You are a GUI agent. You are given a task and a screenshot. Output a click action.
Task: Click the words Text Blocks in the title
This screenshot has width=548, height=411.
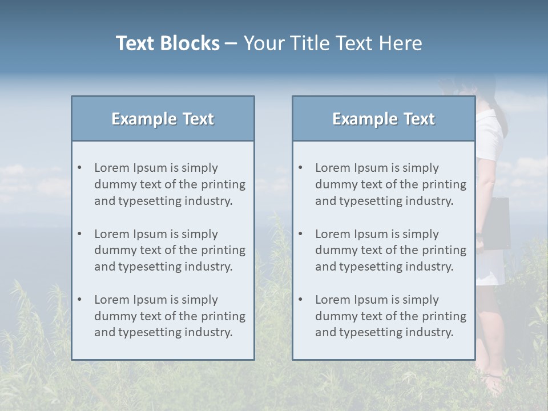click(x=167, y=43)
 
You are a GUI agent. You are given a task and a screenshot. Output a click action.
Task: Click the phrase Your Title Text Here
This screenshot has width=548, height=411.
click(x=333, y=43)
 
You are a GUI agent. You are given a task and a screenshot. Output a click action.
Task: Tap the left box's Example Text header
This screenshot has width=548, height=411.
click(x=163, y=119)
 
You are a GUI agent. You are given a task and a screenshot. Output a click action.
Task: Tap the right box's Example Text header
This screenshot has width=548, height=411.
click(x=384, y=119)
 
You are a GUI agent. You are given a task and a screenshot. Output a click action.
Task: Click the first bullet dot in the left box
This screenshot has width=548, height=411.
click(x=79, y=168)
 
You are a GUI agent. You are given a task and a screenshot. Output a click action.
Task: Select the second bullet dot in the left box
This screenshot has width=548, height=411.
click(x=79, y=234)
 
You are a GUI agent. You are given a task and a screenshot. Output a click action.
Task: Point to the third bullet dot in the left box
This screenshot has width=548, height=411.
click(x=79, y=300)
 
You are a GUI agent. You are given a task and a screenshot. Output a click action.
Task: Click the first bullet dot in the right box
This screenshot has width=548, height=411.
click(x=300, y=168)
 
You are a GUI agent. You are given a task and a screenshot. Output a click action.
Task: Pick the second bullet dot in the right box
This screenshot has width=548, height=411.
click(x=300, y=234)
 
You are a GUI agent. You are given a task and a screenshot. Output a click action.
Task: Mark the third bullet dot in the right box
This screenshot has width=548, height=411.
click(x=300, y=300)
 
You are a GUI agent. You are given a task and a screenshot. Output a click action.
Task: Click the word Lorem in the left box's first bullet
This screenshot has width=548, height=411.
click(x=112, y=168)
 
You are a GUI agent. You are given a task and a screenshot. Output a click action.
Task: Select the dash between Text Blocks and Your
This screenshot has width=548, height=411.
click(x=231, y=44)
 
